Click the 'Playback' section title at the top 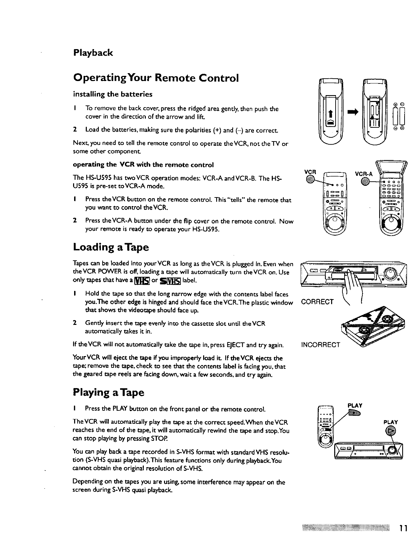pyautogui.click(x=93, y=53)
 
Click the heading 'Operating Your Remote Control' pyautogui.click(x=155, y=78)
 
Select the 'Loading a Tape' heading pyautogui.click(x=111, y=247)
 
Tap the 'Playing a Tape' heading pyautogui.click(x=109, y=392)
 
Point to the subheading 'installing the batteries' pyautogui.click(x=113, y=94)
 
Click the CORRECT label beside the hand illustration pyautogui.click(x=317, y=302)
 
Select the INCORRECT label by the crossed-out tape pyautogui.click(x=320, y=344)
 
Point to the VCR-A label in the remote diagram pyautogui.click(x=363, y=174)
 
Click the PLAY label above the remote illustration pyautogui.click(x=355, y=405)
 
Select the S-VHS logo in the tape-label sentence pyautogui.click(x=167, y=280)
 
